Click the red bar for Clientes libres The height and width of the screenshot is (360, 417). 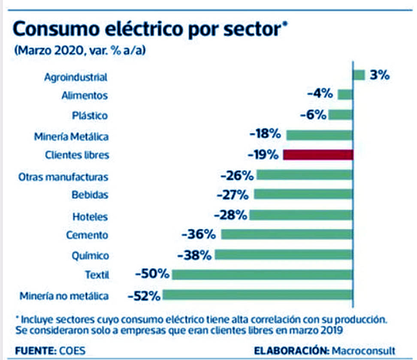click(318, 155)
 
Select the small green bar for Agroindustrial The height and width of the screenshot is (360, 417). click(359, 75)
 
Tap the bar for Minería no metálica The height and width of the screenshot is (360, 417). click(257, 295)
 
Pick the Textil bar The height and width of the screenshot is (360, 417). click(262, 275)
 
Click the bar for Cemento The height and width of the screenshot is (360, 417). click(287, 234)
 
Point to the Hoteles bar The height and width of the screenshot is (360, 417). click(301, 215)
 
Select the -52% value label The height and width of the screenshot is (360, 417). click(144, 295)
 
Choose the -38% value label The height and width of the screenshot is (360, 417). click(195, 255)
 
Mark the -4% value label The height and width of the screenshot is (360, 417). click(320, 93)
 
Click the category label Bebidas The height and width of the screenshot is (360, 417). click(90, 195)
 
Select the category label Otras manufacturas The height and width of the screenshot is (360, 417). click(63, 177)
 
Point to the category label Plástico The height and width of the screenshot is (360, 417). click(90, 116)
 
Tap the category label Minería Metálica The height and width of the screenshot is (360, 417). click(71, 136)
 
